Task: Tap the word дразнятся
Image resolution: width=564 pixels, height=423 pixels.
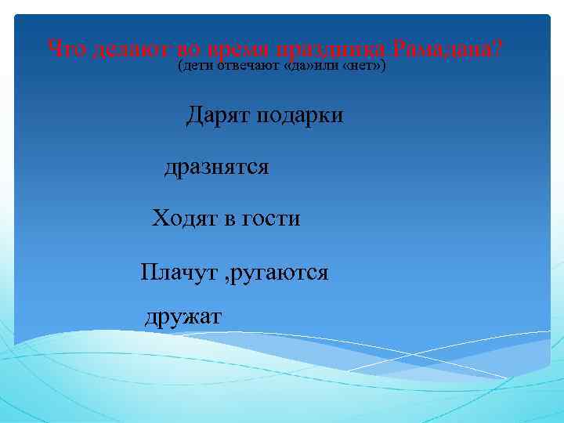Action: tap(216, 168)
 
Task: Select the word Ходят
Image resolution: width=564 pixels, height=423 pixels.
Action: tap(184, 219)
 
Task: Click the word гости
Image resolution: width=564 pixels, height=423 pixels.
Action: tap(271, 219)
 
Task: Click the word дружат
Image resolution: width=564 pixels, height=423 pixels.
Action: tap(184, 316)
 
